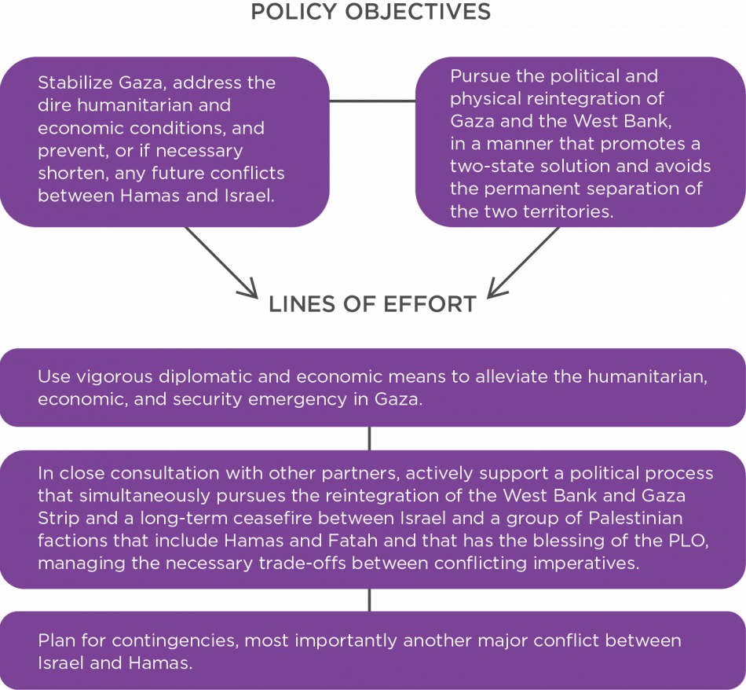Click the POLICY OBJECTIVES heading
pyautogui.click(x=371, y=11)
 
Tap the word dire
pyautogui.click(x=53, y=105)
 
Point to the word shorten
pyautogui.click(x=68, y=173)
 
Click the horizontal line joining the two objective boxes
pyautogui.click(x=371, y=103)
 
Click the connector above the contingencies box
pyautogui.click(x=371, y=600)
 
